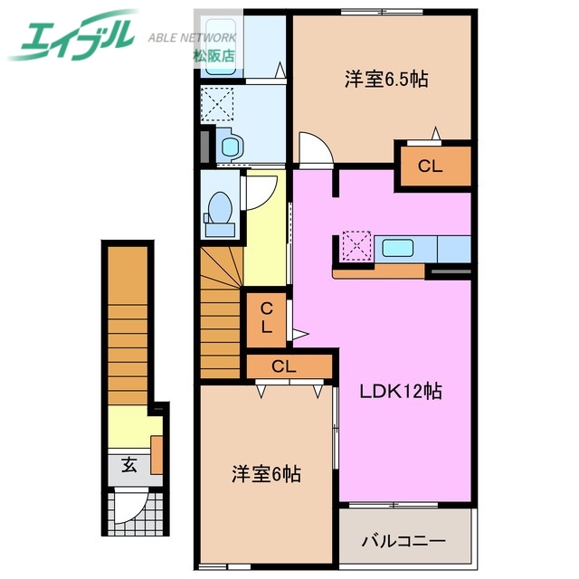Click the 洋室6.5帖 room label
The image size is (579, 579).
(384, 80)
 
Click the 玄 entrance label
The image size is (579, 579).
(128, 466)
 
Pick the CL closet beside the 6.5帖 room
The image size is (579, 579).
(431, 166)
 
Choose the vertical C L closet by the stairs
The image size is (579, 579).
(267, 318)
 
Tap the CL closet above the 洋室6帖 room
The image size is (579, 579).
(284, 366)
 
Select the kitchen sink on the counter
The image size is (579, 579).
(397, 247)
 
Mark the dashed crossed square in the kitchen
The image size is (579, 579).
(357, 246)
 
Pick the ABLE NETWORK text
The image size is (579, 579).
(192, 37)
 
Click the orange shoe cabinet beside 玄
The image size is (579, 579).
(157, 454)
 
